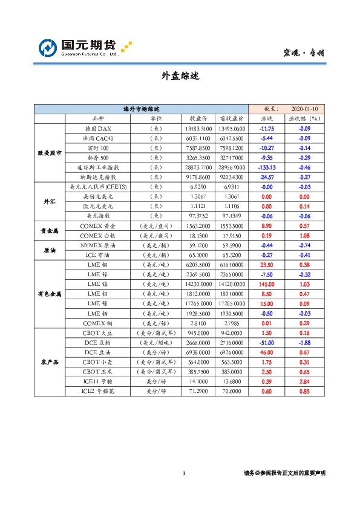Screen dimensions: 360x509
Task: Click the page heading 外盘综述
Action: tap(180, 76)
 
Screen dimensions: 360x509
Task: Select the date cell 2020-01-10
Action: tap(305, 109)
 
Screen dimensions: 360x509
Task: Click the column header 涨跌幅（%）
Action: tap(304, 119)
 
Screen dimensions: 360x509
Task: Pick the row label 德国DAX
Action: tap(97, 129)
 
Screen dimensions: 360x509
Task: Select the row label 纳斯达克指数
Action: tap(98, 177)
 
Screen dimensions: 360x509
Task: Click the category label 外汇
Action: tap(49, 200)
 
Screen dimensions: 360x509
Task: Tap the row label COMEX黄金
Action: tap(97, 224)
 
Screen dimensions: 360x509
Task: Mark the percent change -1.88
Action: tap(304, 342)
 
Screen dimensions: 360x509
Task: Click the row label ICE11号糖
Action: tap(97, 381)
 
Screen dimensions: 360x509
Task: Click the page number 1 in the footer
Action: tap(183, 473)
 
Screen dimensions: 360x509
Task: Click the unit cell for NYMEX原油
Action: tap(155, 246)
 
